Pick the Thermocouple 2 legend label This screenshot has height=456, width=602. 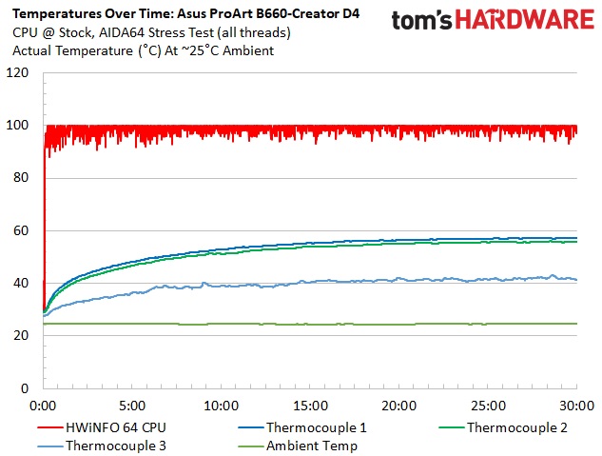click(x=516, y=427)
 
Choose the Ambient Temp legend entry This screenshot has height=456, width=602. click(x=311, y=446)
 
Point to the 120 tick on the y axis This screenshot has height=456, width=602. click(x=18, y=73)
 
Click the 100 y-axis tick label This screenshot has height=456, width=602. click(x=18, y=126)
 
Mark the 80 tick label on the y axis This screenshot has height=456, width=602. click(x=22, y=178)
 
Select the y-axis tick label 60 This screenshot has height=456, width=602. click(x=22, y=230)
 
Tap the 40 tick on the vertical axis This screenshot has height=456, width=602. click(x=22, y=283)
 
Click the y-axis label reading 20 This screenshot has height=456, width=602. click(x=22, y=336)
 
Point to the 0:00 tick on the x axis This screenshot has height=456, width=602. click(x=44, y=404)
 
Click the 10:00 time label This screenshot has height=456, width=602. click(x=221, y=404)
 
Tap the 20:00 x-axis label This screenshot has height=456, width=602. click(x=398, y=404)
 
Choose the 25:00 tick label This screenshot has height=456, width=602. click(x=488, y=404)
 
